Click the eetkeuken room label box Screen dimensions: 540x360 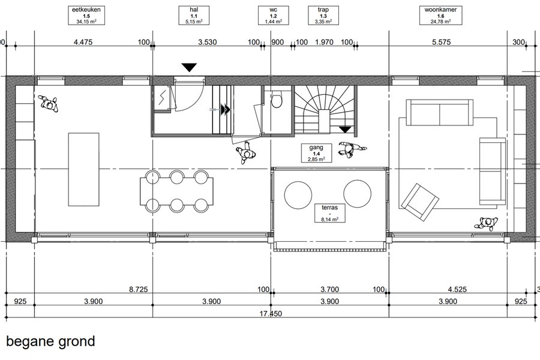point(86,16)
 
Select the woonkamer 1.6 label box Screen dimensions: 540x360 point(440,16)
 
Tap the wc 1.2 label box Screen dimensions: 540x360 point(274,16)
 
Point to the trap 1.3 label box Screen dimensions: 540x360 point(323,16)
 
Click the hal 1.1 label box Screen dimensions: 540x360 point(194,16)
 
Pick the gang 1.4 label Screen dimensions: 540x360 point(316,153)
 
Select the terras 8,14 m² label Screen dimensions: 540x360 point(329,213)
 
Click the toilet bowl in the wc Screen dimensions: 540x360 point(277,101)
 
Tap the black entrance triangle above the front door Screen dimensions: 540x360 point(189,67)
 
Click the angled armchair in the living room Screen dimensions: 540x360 point(420,202)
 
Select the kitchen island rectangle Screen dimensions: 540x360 point(83,169)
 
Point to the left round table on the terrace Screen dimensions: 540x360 point(298,195)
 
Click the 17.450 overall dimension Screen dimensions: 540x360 point(271,313)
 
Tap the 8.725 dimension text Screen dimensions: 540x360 point(139,289)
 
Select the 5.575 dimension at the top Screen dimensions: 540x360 point(441,43)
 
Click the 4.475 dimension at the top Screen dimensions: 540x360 point(83,43)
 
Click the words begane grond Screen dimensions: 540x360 point(50,342)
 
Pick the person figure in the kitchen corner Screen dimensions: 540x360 point(48,104)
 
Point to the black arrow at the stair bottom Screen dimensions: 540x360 point(345,130)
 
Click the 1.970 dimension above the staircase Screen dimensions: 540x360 point(325,43)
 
